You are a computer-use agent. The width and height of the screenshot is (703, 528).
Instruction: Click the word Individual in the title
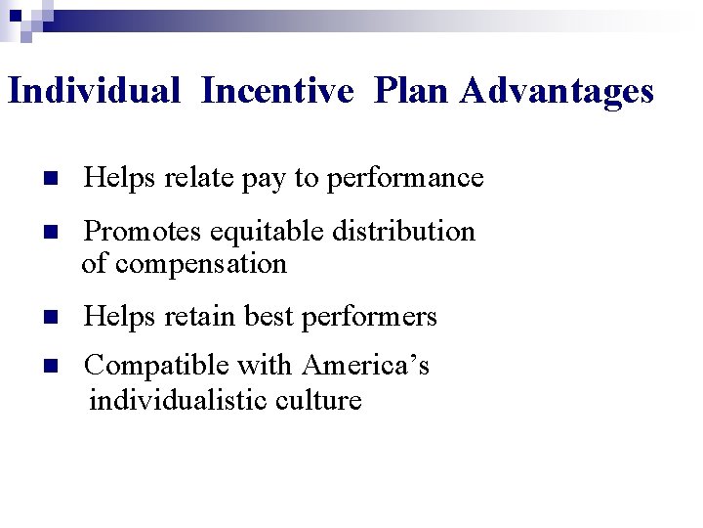(94, 91)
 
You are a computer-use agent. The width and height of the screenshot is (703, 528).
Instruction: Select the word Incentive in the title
(277, 91)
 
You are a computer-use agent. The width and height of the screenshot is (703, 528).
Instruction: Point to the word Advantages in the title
(558, 92)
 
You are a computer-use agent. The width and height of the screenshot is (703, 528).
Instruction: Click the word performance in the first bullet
(405, 179)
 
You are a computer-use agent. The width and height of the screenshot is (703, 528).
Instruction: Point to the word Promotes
(144, 232)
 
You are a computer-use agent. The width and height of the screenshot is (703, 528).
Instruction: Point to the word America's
(365, 366)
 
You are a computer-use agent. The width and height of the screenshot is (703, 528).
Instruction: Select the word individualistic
(174, 400)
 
